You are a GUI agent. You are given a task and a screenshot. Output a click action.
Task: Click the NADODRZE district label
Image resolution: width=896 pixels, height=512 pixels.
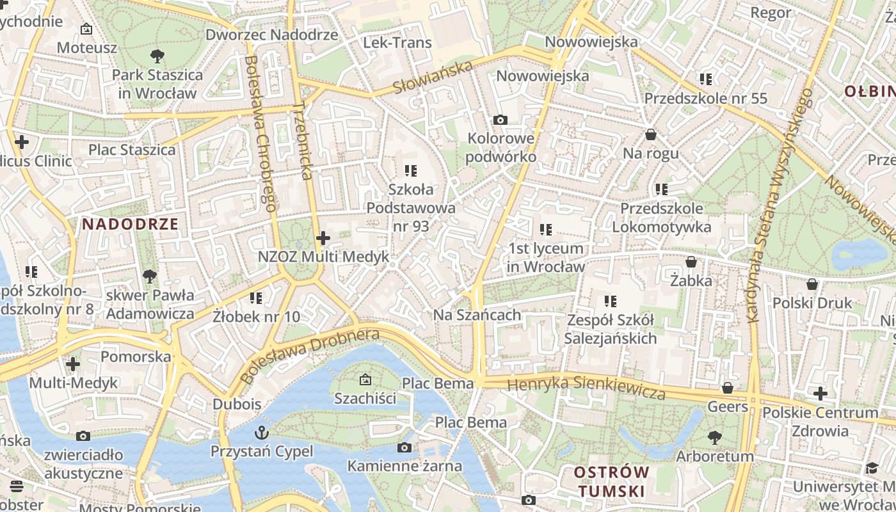pos(130,224)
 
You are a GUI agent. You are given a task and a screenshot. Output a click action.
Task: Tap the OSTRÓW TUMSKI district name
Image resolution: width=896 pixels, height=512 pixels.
pos(611,482)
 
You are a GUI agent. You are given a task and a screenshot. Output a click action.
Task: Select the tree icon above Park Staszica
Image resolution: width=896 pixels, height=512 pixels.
pos(157,56)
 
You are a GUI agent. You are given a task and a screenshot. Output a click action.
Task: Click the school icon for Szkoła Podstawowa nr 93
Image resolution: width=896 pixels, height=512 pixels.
pos(411,171)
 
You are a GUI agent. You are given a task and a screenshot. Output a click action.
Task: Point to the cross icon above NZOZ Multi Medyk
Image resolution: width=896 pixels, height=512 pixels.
pos(323,239)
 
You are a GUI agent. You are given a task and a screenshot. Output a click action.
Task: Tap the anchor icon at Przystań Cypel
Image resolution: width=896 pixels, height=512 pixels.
pos(261,433)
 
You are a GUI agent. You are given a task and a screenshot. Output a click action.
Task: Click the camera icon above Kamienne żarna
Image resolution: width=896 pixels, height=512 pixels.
pos(404,447)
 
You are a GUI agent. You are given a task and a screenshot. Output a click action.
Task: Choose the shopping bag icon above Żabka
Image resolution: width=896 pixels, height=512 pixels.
pos(691,262)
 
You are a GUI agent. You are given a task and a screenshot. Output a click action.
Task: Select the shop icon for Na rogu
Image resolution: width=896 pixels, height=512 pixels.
pos(651,134)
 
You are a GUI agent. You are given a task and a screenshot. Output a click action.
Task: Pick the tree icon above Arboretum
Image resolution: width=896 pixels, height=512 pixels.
pos(715,438)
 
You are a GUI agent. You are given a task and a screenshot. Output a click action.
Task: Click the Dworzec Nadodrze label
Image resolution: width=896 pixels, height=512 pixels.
pos(271,35)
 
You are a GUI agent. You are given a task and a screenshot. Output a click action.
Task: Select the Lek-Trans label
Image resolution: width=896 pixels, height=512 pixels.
pos(397,43)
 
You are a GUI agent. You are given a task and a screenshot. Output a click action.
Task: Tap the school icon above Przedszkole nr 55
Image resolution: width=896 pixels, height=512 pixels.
pos(706,79)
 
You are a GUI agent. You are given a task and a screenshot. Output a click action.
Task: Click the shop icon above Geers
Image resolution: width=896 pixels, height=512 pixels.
pos(728,388)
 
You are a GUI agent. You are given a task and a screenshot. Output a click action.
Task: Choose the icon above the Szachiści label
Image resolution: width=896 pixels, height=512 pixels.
pos(365,380)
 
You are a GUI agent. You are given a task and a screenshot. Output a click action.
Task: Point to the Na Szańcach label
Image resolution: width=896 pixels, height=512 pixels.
pos(477,315)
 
